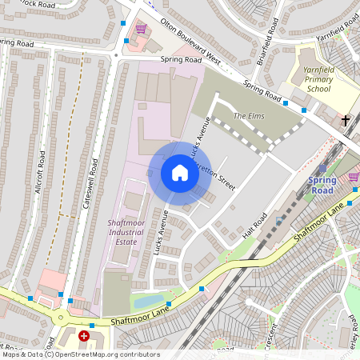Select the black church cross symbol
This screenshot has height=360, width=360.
point(346,121)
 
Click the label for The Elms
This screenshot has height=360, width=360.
point(248,116)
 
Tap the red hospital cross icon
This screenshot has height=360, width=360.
point(84,338)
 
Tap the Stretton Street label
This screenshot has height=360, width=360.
point(218,176)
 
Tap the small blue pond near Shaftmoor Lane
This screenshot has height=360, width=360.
point(148,302)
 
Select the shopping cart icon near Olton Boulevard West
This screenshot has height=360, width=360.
point(141,30)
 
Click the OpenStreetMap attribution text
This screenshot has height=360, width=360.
point(80,354)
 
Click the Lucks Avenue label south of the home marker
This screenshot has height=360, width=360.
point(159,233)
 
